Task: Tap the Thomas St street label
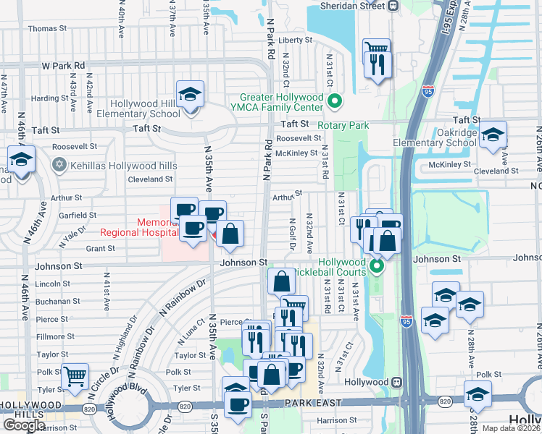pyautogui.click(x=47, y=29)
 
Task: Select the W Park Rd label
pyautogui.click(x=63, y=65)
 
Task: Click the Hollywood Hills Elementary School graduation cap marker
pyautogui.click(x=191, y=95)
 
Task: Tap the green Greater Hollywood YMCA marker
pyautogui.click(x=334, y=102)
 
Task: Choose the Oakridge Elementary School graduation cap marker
pyautogui.click(x=493, y=135)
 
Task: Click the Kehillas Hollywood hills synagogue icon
pyautogui.click(x=59, y=166)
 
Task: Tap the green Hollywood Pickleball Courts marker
pyautogui.click(x=376, y=267)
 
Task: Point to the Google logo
pyautogui.click(x=23, y=425)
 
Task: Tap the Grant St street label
pyautogui.click(x=101, y=248)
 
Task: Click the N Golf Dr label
pyautogui.click(x=292, y=236)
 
